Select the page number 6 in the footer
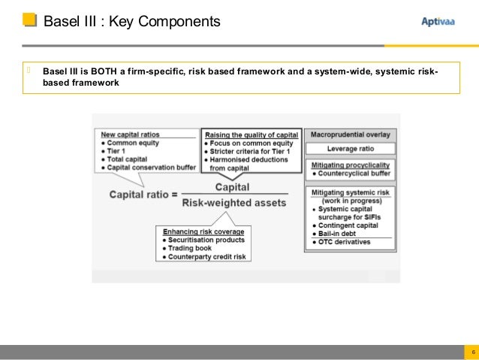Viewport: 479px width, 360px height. (472, 352)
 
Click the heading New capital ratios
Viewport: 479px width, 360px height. (131, 135)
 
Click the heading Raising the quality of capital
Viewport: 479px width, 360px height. (251, 135)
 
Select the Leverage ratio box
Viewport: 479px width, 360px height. (351, 149)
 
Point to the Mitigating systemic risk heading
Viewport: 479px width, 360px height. (350, 192)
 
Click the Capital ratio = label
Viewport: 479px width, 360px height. (143, 195)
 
